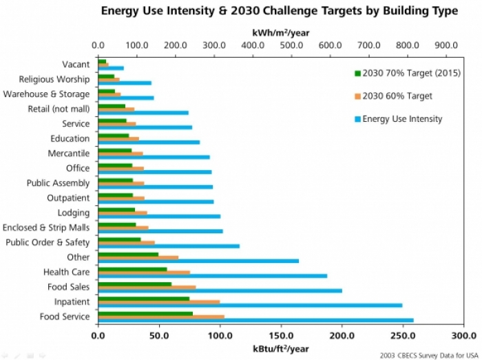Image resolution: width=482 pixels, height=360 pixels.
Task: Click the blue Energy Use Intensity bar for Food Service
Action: [x=255, y=320]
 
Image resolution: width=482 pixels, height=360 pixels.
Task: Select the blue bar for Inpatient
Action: [x=249, y=305]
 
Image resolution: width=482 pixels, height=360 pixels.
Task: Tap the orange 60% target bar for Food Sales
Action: [x=147, y=286]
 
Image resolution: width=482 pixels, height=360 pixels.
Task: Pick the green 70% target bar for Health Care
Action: [x=132, y=269]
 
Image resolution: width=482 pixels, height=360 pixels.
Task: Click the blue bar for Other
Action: [x=198, y=261]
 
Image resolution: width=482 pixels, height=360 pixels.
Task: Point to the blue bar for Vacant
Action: [x=111, y=68]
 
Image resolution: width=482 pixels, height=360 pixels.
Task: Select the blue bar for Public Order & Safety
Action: [x=169, y=245]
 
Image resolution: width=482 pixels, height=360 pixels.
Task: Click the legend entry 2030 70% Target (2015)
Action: [x=406, y=74]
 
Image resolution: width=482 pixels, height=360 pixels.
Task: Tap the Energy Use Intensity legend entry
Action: [x=401, y=119]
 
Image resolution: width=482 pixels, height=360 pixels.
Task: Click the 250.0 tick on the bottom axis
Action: [x=402, y=336]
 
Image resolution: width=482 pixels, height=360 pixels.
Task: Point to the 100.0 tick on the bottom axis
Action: [x=220, y=336]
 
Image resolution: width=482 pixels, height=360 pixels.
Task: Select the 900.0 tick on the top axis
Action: [x=446, y=45]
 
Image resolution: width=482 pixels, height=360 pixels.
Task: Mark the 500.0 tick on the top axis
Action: [x=291, y=45]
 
